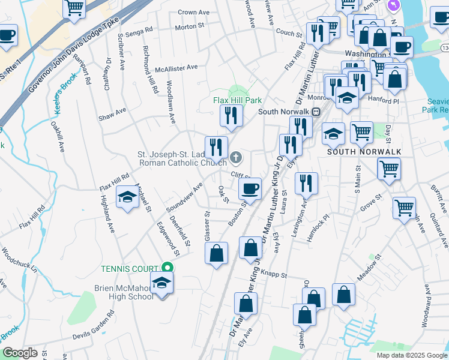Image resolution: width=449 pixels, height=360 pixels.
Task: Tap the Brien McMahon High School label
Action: [x=124, y=292]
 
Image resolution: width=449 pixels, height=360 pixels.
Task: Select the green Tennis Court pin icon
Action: [x=168, y=268]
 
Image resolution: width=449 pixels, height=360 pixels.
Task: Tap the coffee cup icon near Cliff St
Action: [x=250, y=188]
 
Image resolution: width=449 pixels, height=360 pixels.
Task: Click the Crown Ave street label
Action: [x=193, y=12]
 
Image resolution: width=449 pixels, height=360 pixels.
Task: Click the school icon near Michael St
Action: [x=127, y=197]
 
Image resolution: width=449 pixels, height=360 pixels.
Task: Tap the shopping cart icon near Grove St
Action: [x=404, y=208]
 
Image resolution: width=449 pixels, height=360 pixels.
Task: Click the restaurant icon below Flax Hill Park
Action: [x=231, y=115]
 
